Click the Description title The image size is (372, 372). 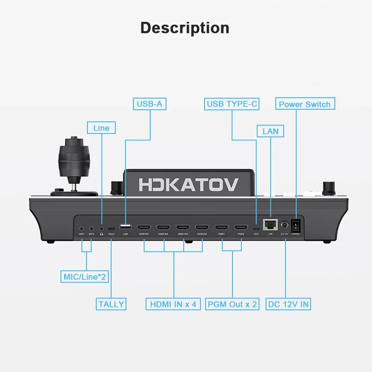185,27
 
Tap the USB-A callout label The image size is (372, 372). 150,104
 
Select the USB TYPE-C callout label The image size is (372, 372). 232,104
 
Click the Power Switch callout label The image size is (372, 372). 305,104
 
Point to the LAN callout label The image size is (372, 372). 270,131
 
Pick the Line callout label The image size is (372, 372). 101,128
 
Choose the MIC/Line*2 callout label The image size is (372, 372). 85,278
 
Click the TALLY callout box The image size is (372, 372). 111,304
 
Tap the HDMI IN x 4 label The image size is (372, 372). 173,304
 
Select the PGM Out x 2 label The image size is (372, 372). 232,304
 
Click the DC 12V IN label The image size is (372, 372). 289,304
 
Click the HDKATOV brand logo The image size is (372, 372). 188,184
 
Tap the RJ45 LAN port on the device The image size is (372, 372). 269,226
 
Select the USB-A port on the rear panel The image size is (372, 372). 125,226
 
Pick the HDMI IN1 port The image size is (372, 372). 143,227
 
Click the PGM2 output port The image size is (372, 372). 240,227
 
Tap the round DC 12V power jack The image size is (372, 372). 284,226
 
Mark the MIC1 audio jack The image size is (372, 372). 82,228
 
